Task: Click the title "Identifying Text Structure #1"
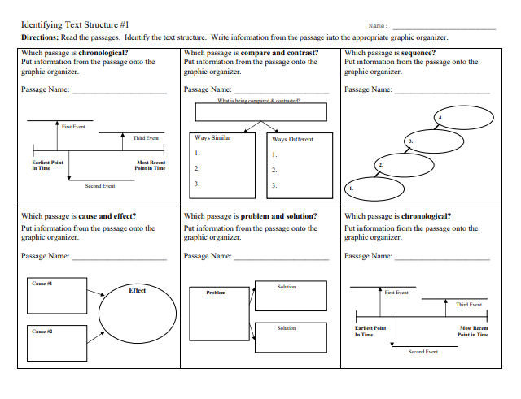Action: [x=74, y=25]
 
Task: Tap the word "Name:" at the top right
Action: [x=379, y=27]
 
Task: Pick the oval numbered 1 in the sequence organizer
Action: [x=375, y=189]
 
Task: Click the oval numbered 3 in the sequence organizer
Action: [x=435, y=142]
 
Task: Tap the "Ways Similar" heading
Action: [x=213, y=138]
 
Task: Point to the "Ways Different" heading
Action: [x=292, y=139]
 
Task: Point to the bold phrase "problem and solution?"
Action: [x=279, y=217]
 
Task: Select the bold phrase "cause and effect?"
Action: [x=107, y=217]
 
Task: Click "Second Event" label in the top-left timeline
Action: [x=100, y=186]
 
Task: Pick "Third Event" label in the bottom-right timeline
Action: [x=469, y=304]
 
